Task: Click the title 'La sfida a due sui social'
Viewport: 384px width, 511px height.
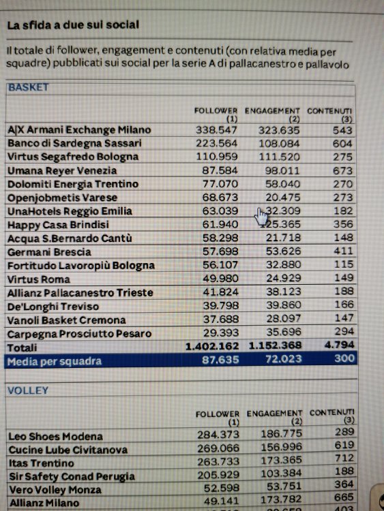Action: [73, 25]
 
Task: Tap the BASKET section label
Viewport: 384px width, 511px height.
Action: [29, 87]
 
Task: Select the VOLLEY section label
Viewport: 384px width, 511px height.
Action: [28, 390]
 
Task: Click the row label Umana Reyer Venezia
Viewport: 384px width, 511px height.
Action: [62, 171]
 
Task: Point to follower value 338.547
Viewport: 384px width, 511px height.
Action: [216, 130]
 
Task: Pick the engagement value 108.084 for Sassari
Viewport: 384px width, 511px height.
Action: [279, 143]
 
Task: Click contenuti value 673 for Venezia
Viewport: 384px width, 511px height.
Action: [342, 170]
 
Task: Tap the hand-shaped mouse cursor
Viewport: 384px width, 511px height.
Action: [261, 217]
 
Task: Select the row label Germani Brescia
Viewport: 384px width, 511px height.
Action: [49, 252]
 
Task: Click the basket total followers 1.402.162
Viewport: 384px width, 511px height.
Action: [212, 346]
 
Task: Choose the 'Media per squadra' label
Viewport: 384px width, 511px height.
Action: [55, 361]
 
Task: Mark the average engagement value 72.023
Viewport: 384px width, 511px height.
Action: [284, 359]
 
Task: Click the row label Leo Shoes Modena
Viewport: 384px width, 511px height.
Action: [56, 436]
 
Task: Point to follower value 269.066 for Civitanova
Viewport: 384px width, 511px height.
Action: [218, 448]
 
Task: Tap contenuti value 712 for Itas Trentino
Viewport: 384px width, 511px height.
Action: [344, 458]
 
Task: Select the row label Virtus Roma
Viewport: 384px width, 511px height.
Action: [39, 279]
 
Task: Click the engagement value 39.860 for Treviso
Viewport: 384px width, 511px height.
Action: [284, 305]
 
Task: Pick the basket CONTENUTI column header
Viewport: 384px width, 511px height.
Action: [329, 114]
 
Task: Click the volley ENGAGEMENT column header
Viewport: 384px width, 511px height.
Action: [274, 418]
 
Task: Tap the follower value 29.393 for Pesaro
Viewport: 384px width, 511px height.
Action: [221, 332]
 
